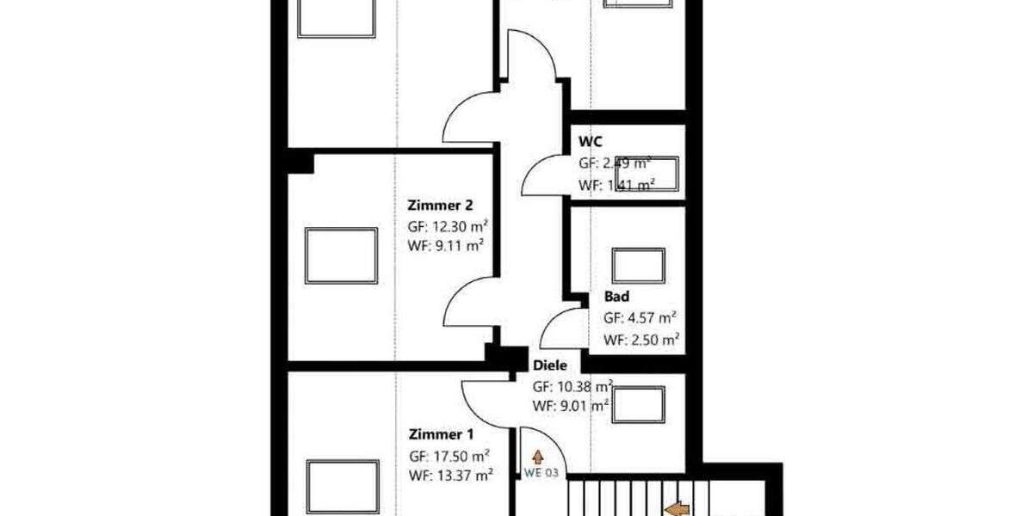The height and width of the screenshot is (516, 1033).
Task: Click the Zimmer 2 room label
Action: pos(439,206)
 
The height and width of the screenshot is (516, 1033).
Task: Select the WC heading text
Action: pos(591,140)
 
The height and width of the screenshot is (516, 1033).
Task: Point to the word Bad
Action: pos(616,297)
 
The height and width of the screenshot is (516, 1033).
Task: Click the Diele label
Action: pos(550,365)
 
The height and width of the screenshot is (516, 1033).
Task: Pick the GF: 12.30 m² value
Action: pos(448,227)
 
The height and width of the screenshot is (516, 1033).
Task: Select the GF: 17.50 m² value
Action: pos(449,456)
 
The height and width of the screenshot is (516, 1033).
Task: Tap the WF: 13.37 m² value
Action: pos(450,474)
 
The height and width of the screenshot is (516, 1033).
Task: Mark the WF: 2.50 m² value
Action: pos(641,340)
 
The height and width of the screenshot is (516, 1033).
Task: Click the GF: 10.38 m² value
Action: pos(572,386)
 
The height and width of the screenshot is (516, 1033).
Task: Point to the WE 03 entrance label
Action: pos(541,472)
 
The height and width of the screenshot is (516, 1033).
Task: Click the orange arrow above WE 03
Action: pos(538,457)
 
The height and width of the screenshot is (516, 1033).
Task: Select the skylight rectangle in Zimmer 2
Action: pos(342,256)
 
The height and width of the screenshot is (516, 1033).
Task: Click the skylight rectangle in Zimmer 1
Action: pos(343,488)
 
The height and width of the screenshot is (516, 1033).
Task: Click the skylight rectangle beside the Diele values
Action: pos(638,404)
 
